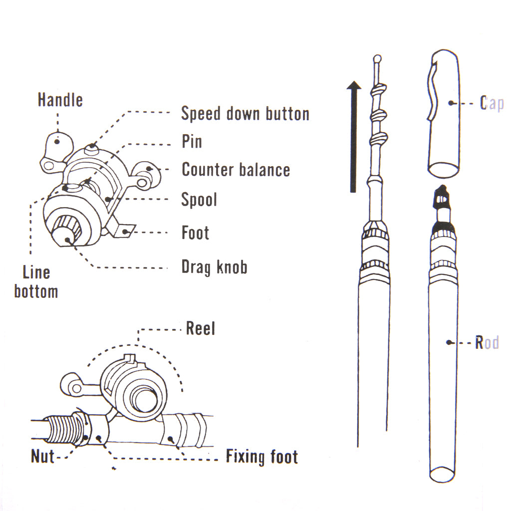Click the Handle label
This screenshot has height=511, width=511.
[60, 100]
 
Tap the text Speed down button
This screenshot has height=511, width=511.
[245, 114]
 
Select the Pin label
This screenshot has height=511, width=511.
[192, 142]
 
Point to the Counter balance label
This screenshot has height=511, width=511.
[236, 170]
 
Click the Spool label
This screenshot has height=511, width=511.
[199, 200]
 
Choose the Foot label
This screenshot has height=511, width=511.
[195, 233]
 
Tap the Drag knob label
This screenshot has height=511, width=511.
[214, 267]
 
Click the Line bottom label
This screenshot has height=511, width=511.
[36, 282]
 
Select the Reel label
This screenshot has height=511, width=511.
[200, 328]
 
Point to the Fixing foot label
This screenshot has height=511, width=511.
[261, 457]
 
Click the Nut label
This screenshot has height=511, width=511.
[42, 456]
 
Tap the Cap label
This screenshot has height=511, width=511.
[492, 103]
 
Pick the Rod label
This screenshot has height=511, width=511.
[487, 343]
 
